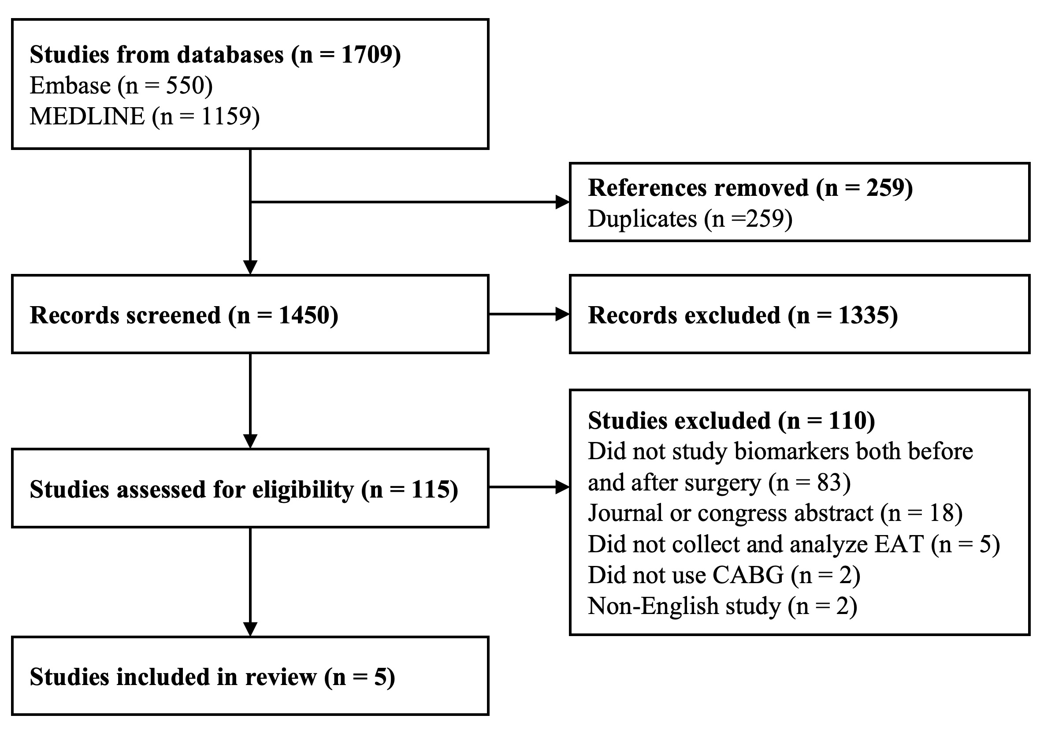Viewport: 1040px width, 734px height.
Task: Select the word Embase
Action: [70, 85]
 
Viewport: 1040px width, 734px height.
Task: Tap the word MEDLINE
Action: [87, 116]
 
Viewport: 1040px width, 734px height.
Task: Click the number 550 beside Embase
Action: [185, 85]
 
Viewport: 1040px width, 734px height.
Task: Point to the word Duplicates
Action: [643, 218]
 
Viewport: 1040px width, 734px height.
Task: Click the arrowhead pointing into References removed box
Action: [563, 202]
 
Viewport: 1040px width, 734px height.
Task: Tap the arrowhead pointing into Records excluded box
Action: [563, 314]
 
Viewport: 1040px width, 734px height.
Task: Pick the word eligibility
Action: [303, 490]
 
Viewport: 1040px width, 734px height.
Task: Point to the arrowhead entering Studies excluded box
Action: [563, 487]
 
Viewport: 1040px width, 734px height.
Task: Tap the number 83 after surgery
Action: [829, 483]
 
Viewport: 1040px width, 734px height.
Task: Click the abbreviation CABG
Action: [748, 575]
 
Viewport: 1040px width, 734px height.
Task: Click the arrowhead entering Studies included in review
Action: [250, 629]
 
